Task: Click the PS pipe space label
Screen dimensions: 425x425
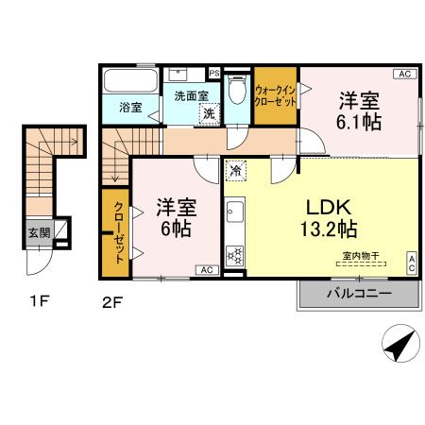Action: (214, 74)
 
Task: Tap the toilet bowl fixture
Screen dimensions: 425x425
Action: (237, 90)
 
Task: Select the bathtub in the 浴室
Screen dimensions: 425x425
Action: (130, 80)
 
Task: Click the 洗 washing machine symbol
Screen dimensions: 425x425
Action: (209, 113)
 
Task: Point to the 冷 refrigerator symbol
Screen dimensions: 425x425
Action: (235, 171)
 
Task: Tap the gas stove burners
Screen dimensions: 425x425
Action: (235, 255)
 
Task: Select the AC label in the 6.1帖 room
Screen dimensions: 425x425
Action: (405, 74)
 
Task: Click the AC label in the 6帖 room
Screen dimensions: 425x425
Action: (207, 270)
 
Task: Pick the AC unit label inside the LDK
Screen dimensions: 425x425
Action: (412, 263)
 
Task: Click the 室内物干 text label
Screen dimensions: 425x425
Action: (361, 256)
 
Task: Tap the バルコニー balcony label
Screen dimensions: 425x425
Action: (359, 294)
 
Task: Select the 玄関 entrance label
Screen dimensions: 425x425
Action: (40, 233)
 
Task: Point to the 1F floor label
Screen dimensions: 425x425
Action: (40, 301)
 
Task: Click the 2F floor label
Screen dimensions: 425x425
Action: (112, 303)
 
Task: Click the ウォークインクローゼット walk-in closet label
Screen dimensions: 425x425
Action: (276, 95)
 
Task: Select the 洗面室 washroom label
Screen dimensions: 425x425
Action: (192, 96)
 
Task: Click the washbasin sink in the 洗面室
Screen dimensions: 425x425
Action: (178, 75)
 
